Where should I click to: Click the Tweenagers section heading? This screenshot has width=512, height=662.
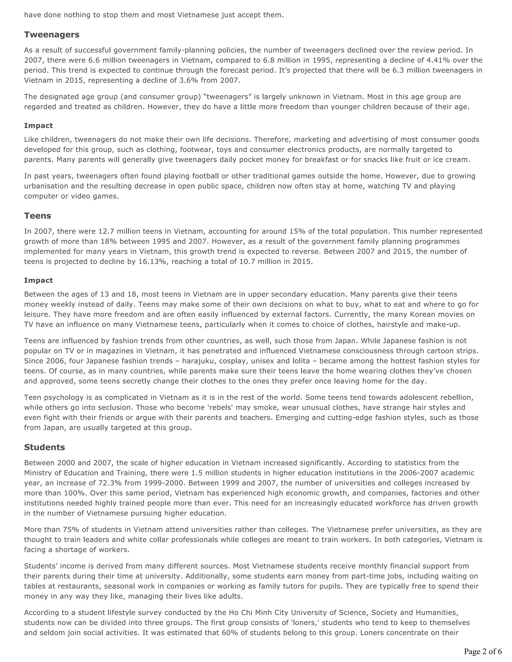tap(52, 34)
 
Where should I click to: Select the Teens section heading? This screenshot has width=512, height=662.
tap(37, 216)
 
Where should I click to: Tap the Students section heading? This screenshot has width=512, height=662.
tap(44, 447)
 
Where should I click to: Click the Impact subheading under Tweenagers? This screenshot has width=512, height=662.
tap(38, 125)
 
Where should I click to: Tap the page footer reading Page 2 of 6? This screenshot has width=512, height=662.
tap(482, 651)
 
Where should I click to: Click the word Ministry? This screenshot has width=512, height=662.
tap(38, 473)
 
